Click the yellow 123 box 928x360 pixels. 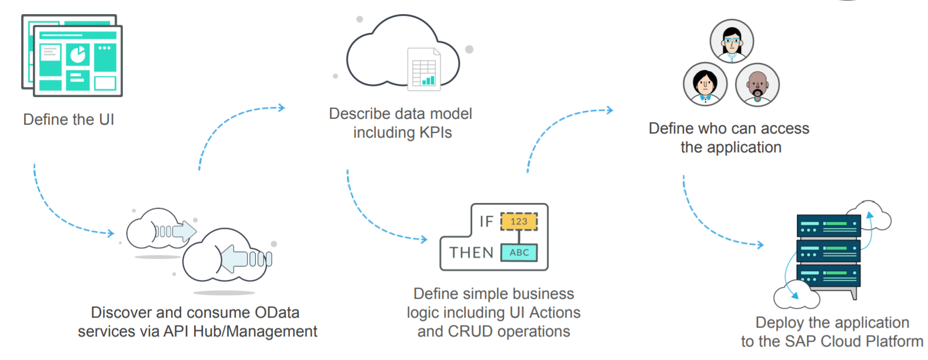[x=519, y=222]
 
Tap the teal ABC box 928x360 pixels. [x=519, y=252]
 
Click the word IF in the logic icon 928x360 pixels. [x=486, y=222]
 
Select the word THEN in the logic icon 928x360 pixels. [x=471, y=253]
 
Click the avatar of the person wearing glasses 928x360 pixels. [x=732, y=41]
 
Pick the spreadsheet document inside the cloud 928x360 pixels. [x=424, y=69]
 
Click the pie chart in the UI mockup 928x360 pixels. [x=78, y=55]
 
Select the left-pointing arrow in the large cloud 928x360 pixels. [x=235, y=257]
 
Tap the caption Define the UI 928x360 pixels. [x=68, y=120]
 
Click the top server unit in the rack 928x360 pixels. [x=828, y=225]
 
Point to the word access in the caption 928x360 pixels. [x=785, y=129]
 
